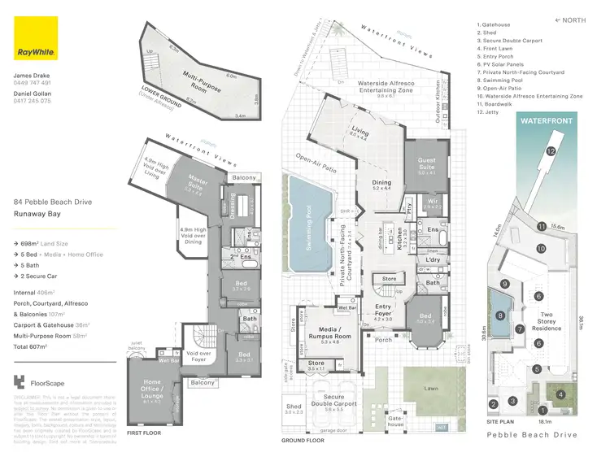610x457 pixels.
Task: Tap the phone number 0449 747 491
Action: click(x=33, y=83)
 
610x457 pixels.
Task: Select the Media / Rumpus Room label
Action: click(x=329, y=337)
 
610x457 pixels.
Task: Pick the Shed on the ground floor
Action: click(x=294, y=411)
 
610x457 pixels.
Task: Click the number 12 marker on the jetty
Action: click(x=551, y=151)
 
